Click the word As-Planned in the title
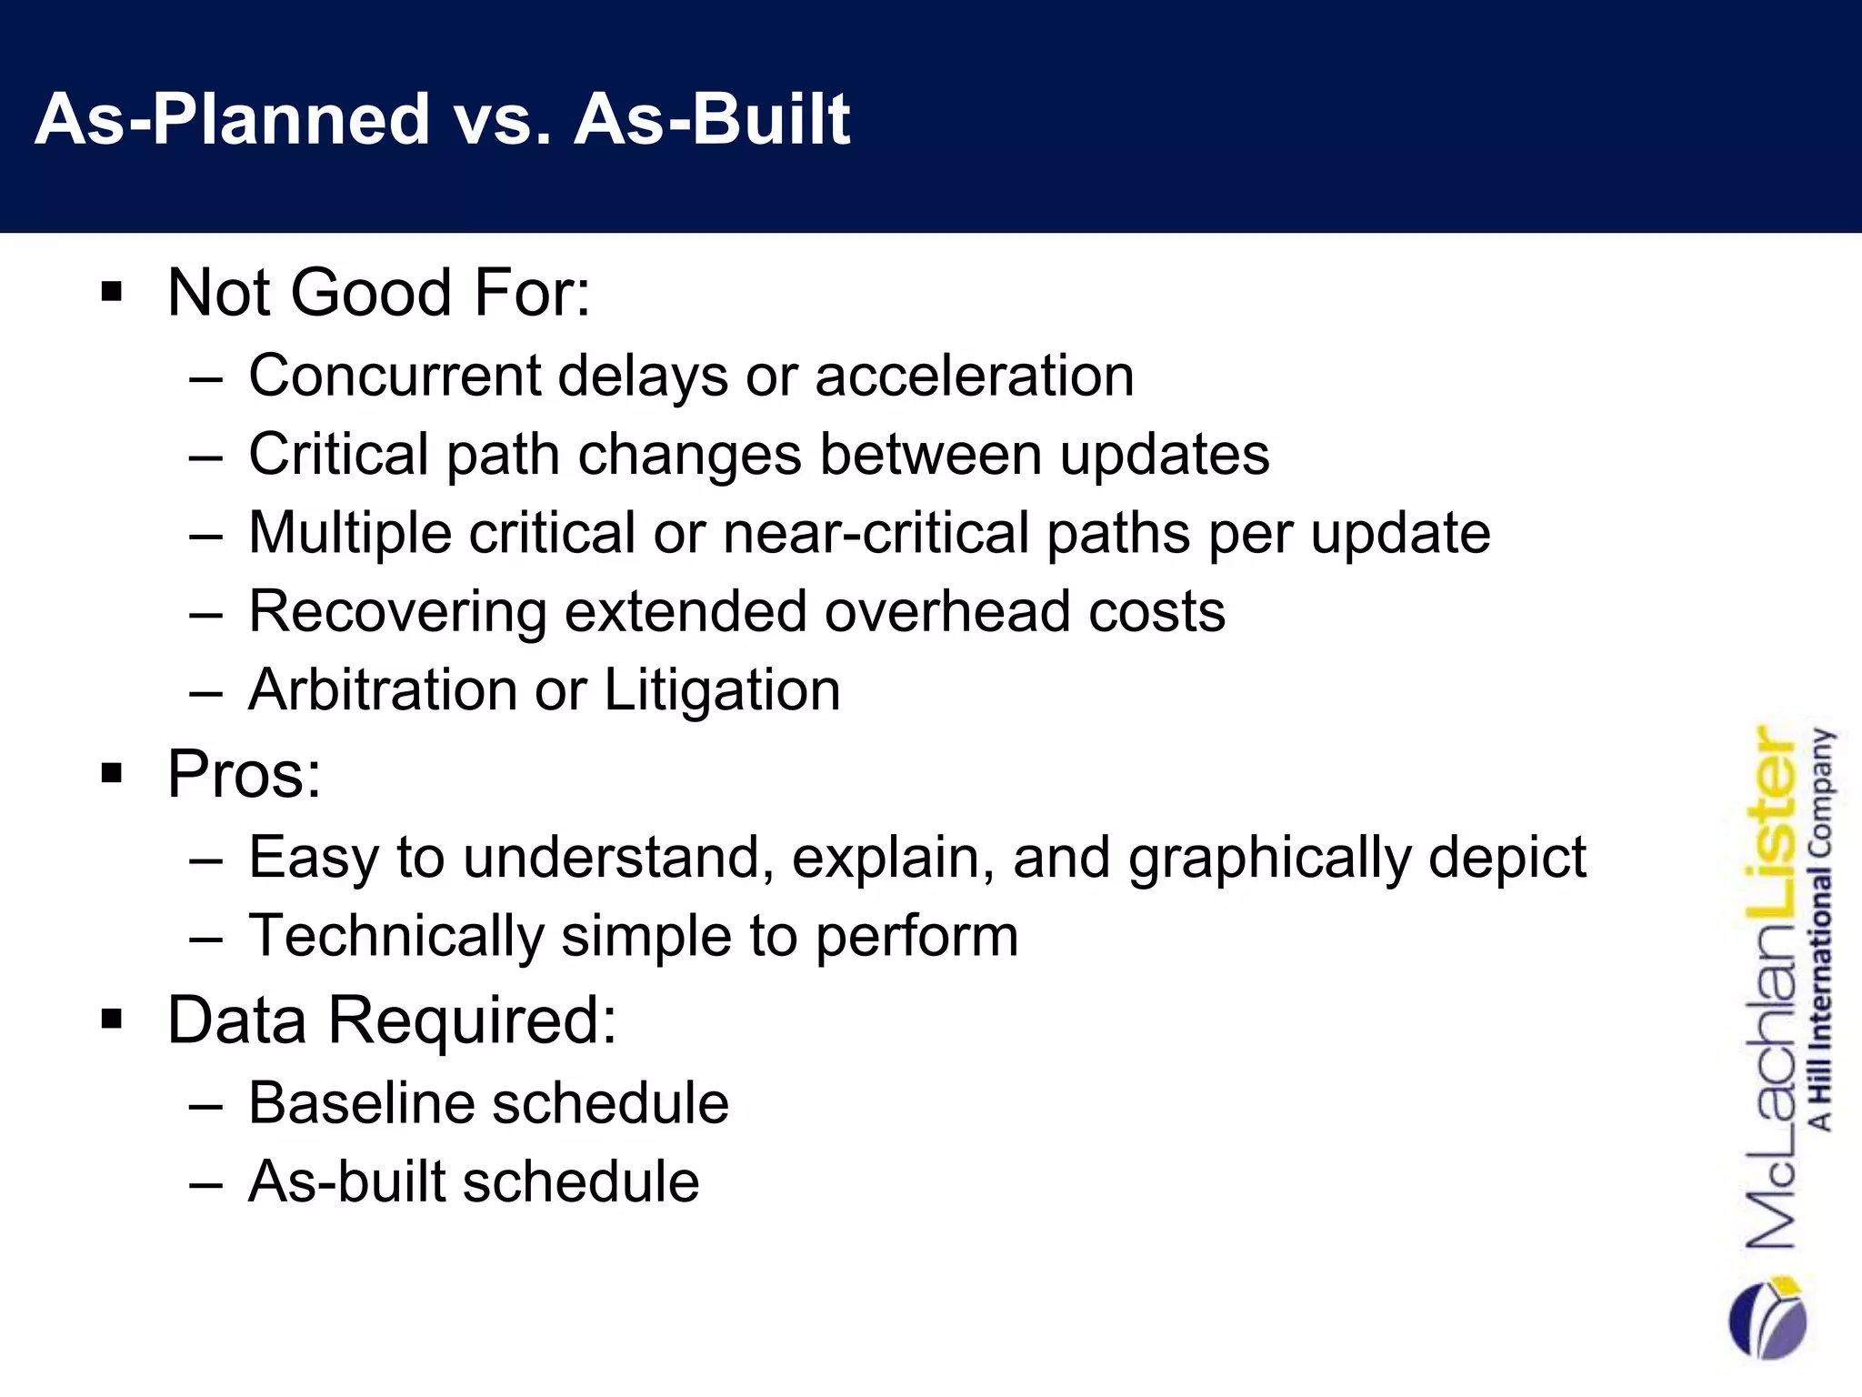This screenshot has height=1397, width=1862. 232,119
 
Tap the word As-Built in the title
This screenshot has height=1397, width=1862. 712,119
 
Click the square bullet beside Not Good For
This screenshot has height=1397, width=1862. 112,293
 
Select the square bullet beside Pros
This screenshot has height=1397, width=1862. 112,774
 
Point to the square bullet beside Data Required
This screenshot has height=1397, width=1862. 112,1020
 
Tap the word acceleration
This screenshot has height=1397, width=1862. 974,376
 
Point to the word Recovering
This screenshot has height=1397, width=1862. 397,611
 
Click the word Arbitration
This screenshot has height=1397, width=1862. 383,689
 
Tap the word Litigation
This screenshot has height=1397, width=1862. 722,689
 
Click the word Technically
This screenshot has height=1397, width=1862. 395,936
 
